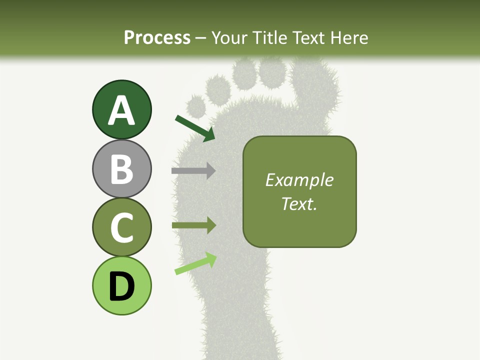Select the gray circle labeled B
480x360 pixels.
click(121, 168)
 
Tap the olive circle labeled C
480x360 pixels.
click(121, 227)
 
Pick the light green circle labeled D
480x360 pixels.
click(121, 285)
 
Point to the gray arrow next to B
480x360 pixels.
click(193, 171)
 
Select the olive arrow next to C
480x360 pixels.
click(193, 225)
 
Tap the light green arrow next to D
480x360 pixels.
click(195, 264)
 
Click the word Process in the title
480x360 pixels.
click(157, 37)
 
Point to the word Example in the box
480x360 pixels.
click(299, 180)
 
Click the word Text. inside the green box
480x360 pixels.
click(299, 203)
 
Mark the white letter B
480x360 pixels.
click(121, 169)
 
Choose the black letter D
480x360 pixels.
click(121, 286)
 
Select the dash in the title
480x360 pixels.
click(201, 38)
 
